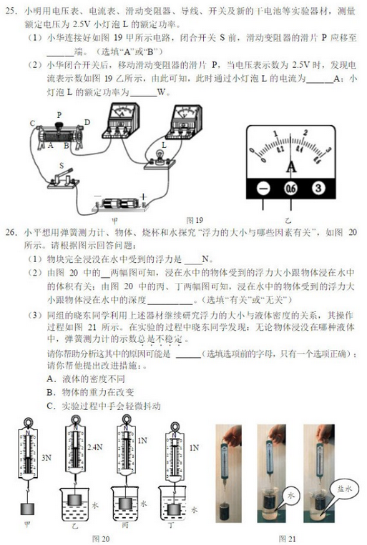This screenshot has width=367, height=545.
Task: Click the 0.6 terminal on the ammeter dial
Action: [290, 188]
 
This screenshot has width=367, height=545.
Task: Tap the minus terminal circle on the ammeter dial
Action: [263, 188]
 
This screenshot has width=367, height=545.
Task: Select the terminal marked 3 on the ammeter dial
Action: [317, 188]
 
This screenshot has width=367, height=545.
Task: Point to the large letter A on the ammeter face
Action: [290, 166]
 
